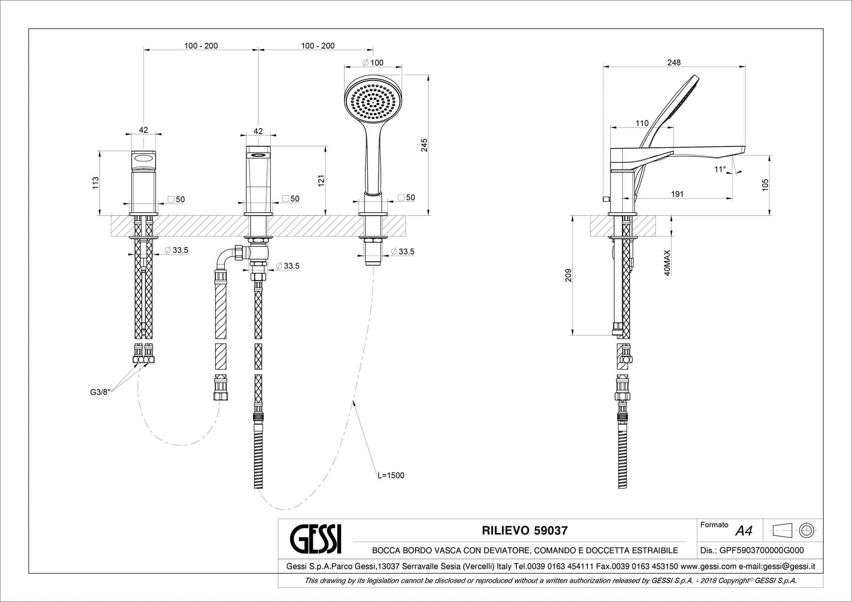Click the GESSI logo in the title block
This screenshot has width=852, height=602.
pyautogui.click(x=316, y=538)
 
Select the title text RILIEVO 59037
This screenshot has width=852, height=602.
pyautogui.click(x=524, y=531)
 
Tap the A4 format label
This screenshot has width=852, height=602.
pyautogui.click(x=744, y=531)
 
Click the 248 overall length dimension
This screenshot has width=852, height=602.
pyautogui.click(x=674, y=62)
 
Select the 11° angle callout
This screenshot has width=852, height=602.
pyautogui.click(x=720, y=169)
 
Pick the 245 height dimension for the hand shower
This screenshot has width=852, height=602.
pyautogui.click(x=424, y=145)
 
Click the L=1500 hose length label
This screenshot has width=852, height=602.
pyautogui.click(x=391, y=475)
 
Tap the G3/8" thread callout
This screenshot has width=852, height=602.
pyautogui.click(x=101, y=392)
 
